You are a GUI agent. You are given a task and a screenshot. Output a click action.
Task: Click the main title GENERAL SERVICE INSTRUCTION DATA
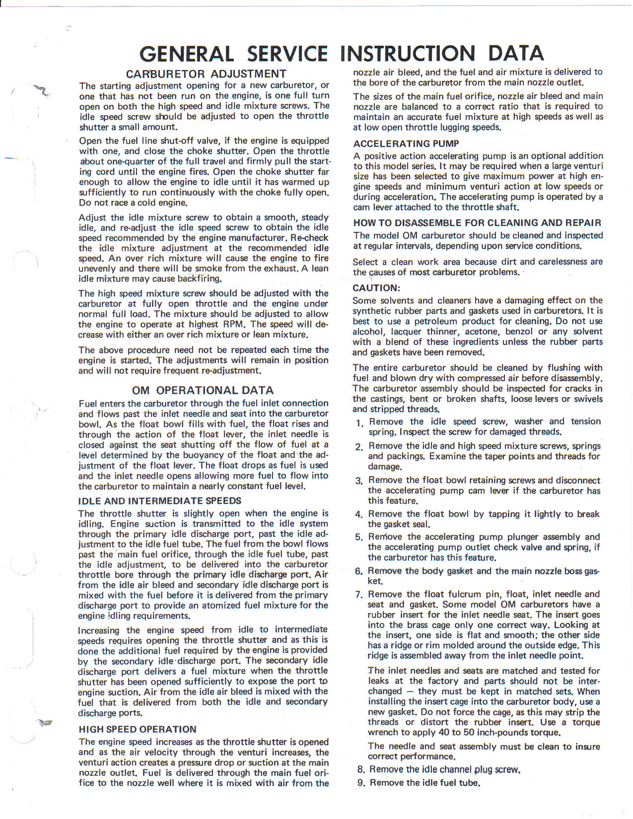click(x=342, y=54)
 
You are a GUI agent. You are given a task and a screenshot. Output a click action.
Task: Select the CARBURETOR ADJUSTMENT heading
click(x=206, y=74)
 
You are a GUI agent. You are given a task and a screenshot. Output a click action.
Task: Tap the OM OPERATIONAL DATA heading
click(x=203, y=390)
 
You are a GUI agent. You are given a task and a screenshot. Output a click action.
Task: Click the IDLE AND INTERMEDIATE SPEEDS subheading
click(x=160, y=501)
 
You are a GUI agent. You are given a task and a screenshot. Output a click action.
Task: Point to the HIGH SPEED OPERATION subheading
click(x=138, y=729)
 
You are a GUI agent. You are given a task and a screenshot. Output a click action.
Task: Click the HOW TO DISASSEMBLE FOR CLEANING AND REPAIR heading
click(x=477, y=223)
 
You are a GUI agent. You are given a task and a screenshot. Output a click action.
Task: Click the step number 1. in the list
click(x=360, y=423)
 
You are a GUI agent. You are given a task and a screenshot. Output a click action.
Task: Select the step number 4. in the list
click(x=359, y=515)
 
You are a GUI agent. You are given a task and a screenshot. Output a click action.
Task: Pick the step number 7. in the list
click(x=359, y=595)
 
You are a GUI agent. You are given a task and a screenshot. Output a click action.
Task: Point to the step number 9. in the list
click(x=361, y=783)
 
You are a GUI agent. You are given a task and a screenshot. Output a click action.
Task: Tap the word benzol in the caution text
click(x=519, y=332)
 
